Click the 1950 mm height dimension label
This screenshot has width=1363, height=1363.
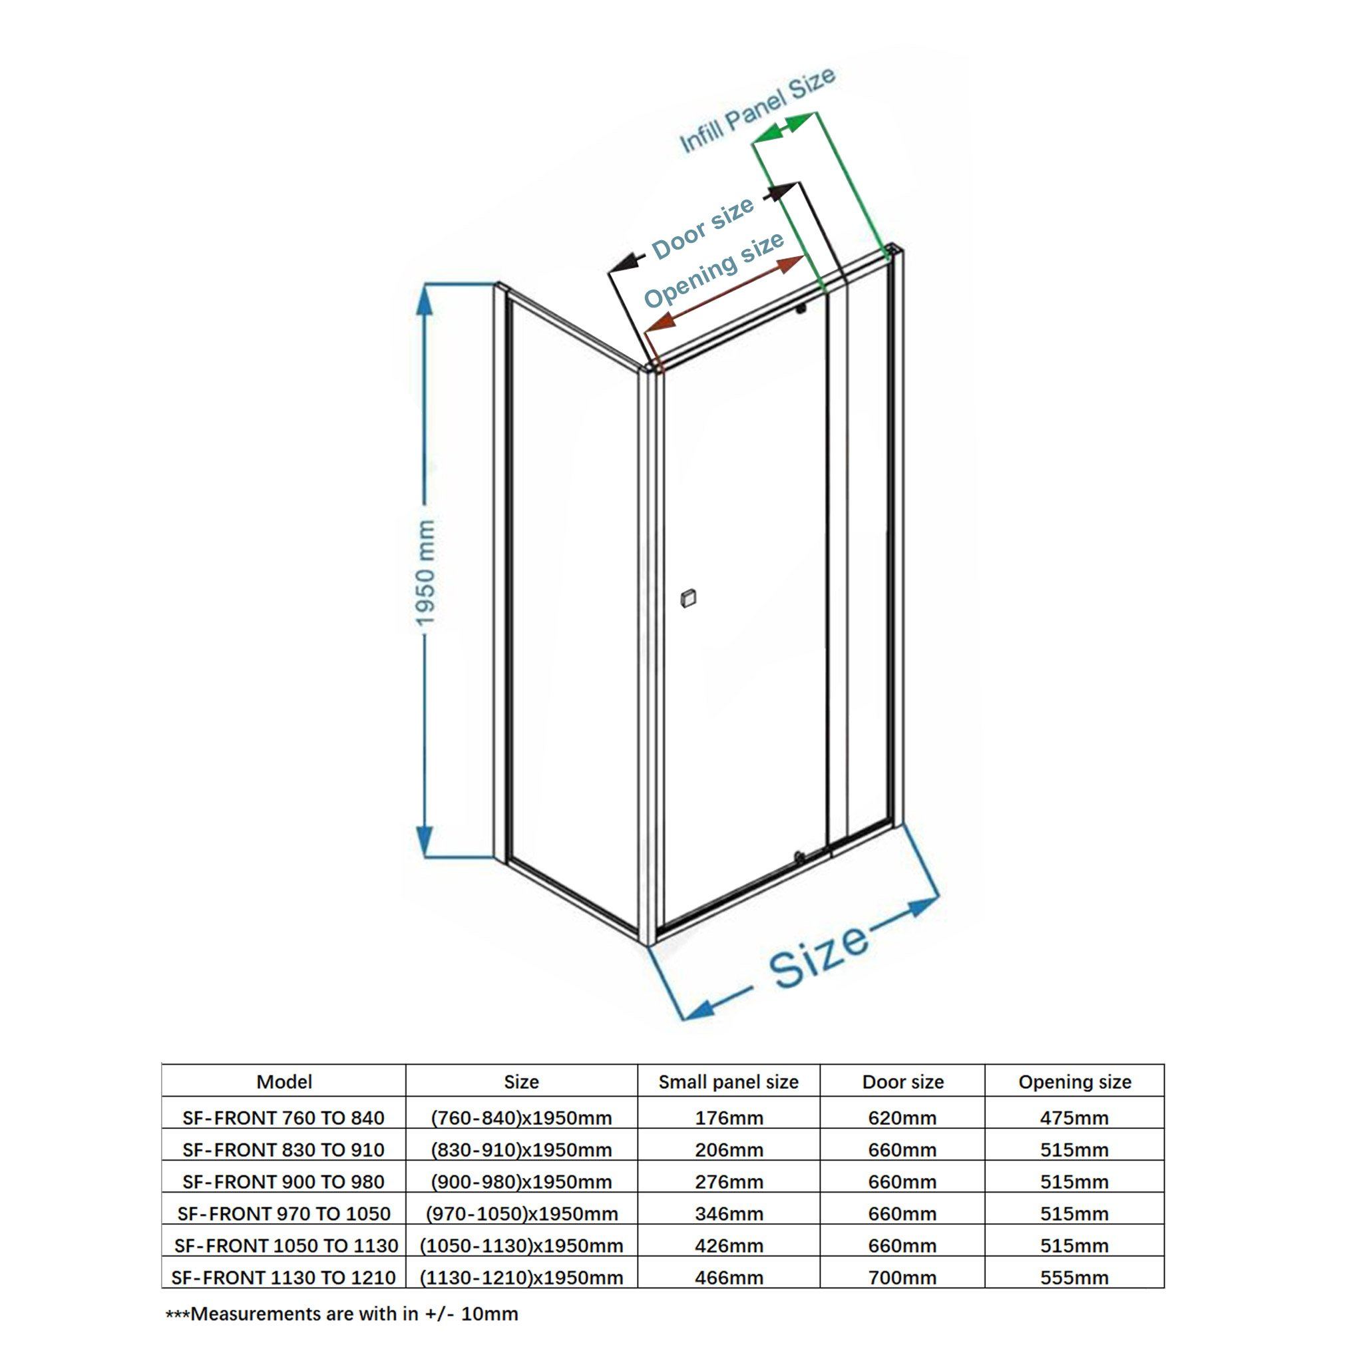(426, 572)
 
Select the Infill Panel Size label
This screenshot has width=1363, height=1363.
(756, 110)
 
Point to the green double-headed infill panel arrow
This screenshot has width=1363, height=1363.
(785, 128)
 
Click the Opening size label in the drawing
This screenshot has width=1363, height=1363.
(714, 270)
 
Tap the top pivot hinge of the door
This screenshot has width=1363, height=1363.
(801, 308)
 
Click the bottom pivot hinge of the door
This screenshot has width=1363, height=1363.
(799, 857)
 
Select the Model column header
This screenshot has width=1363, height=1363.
(284, 1081)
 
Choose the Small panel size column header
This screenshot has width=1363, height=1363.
(728, 1082)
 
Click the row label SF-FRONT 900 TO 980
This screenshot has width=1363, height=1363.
(284, 1182)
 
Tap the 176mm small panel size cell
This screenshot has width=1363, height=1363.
(729, 1118)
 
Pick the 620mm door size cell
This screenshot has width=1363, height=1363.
(902, 1118)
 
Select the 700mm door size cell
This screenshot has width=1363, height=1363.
(902, 1278)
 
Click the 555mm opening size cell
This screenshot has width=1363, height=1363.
(1074, 1278)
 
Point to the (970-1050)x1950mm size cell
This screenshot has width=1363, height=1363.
(521, 1214)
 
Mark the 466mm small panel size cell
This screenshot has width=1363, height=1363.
(729, 1278)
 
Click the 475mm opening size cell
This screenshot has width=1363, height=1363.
(1074, 1118)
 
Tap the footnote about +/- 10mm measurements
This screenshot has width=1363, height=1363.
(341, 1314)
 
